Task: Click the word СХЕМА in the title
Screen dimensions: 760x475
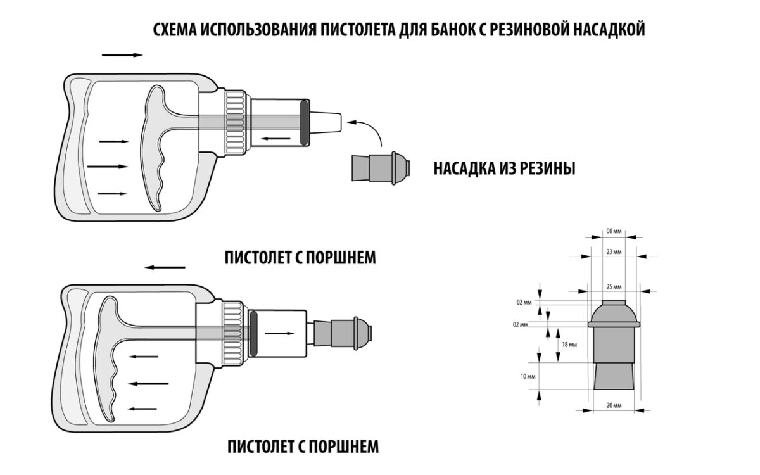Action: coord(175,30)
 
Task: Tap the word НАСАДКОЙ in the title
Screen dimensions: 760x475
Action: coord(609,30)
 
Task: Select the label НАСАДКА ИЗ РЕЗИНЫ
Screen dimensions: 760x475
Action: coord(504,168)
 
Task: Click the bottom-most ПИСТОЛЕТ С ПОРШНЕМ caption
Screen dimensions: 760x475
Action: coord(303,446)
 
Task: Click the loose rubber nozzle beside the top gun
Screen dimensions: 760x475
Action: coord(381,168)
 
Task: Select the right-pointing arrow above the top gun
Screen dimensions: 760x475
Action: coord(122,55)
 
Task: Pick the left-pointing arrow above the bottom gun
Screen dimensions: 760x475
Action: coord(165,267)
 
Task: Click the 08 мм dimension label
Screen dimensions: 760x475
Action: coord(614,231)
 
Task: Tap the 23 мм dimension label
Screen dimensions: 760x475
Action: coord(614,252)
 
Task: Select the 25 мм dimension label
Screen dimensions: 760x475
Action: coord(614,287)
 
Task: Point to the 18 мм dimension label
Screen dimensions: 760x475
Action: coord(569,345)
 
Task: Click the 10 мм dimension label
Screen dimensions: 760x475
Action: coord(528,376)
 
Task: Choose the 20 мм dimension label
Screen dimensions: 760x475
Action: coord(614,405)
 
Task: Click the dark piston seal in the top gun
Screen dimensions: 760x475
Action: coord(304,123)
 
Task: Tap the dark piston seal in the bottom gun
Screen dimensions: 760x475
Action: coord(253,333)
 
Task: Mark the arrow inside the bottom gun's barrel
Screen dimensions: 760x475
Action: coord(279,334)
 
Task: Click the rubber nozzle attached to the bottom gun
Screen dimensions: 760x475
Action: coord(343,333)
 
